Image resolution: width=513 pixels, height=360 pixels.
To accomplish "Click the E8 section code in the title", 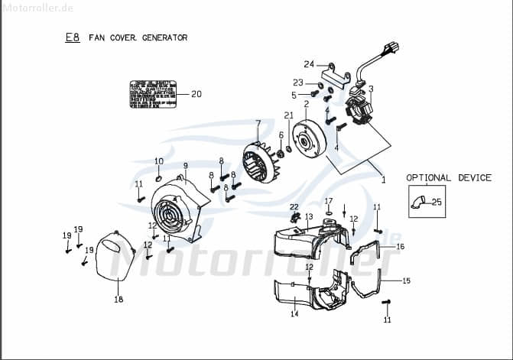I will pos(72,37).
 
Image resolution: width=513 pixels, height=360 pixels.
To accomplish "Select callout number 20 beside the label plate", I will pos(196,95).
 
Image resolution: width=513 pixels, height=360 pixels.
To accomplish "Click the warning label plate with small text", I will pos(153,95).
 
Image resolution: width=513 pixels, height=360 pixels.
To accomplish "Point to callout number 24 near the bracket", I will pos(309,63).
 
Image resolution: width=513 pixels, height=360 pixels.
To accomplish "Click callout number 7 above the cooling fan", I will pos(258,123).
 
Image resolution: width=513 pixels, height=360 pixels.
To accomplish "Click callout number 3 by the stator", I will pos(371,89).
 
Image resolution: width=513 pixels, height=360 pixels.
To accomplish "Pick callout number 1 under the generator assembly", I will pos(383,180).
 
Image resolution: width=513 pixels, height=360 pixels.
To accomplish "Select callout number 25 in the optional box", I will pos(437,203).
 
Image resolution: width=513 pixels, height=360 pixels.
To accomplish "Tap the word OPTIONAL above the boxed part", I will pos(429,178).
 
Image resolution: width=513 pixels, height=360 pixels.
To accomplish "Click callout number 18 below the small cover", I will pos(119,300).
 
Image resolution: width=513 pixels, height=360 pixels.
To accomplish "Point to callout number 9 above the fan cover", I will pos(185,165).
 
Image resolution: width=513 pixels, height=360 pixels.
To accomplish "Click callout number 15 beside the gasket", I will pos(406,281).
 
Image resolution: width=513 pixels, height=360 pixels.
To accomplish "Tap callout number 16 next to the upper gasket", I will pos(401,246).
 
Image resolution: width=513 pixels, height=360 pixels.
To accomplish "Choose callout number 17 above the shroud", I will pos(329,201).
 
